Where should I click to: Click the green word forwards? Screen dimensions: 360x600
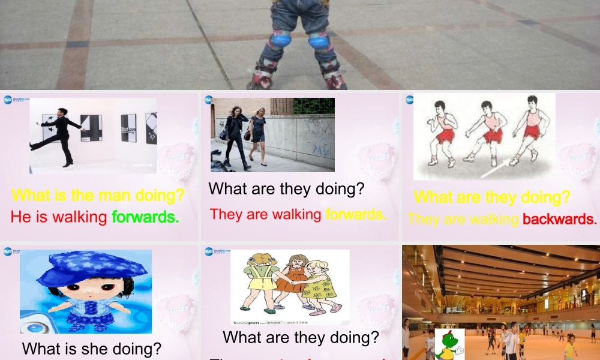coord(145,217)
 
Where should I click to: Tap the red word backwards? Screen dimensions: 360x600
coord(559,219)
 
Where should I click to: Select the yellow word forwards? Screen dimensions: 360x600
coord(355,214)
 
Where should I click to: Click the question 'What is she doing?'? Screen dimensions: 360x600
coord(92,349)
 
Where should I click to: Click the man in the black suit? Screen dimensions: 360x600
coord(59,135)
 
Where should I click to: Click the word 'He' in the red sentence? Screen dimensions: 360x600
coord(20,217)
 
